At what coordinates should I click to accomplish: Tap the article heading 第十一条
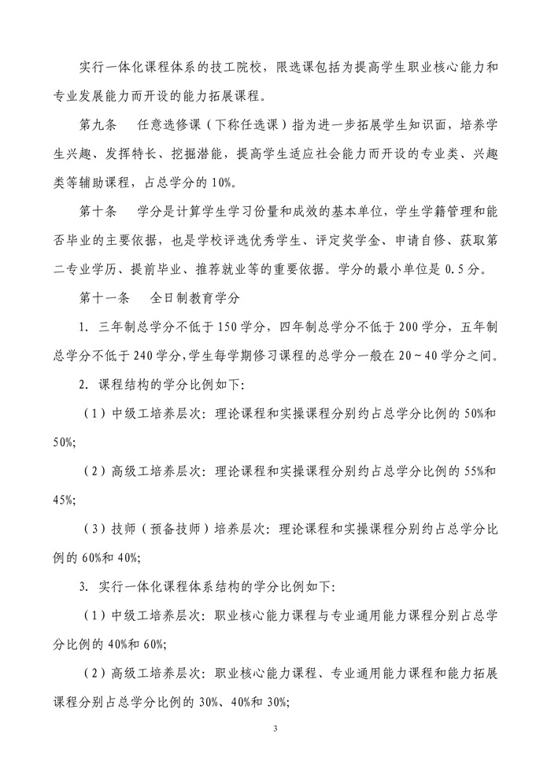pyautogui.click(x=105, y=298)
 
